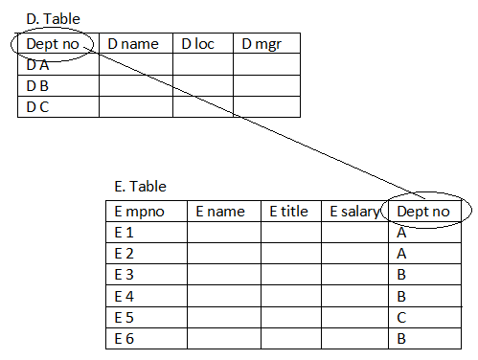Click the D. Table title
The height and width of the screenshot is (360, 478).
(54, 19)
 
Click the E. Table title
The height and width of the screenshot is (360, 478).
(140, 187)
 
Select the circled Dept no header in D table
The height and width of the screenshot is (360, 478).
(53, 44)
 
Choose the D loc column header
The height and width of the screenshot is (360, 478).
(197, 44)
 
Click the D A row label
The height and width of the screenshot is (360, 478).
(37, 65)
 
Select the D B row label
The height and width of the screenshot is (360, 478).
(37, 86)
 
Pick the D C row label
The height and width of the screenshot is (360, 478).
(37, 106)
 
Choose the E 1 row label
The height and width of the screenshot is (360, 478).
(124, 233)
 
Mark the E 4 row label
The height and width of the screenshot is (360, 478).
(124, 296)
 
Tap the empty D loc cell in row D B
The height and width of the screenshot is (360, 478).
(202, 86)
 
